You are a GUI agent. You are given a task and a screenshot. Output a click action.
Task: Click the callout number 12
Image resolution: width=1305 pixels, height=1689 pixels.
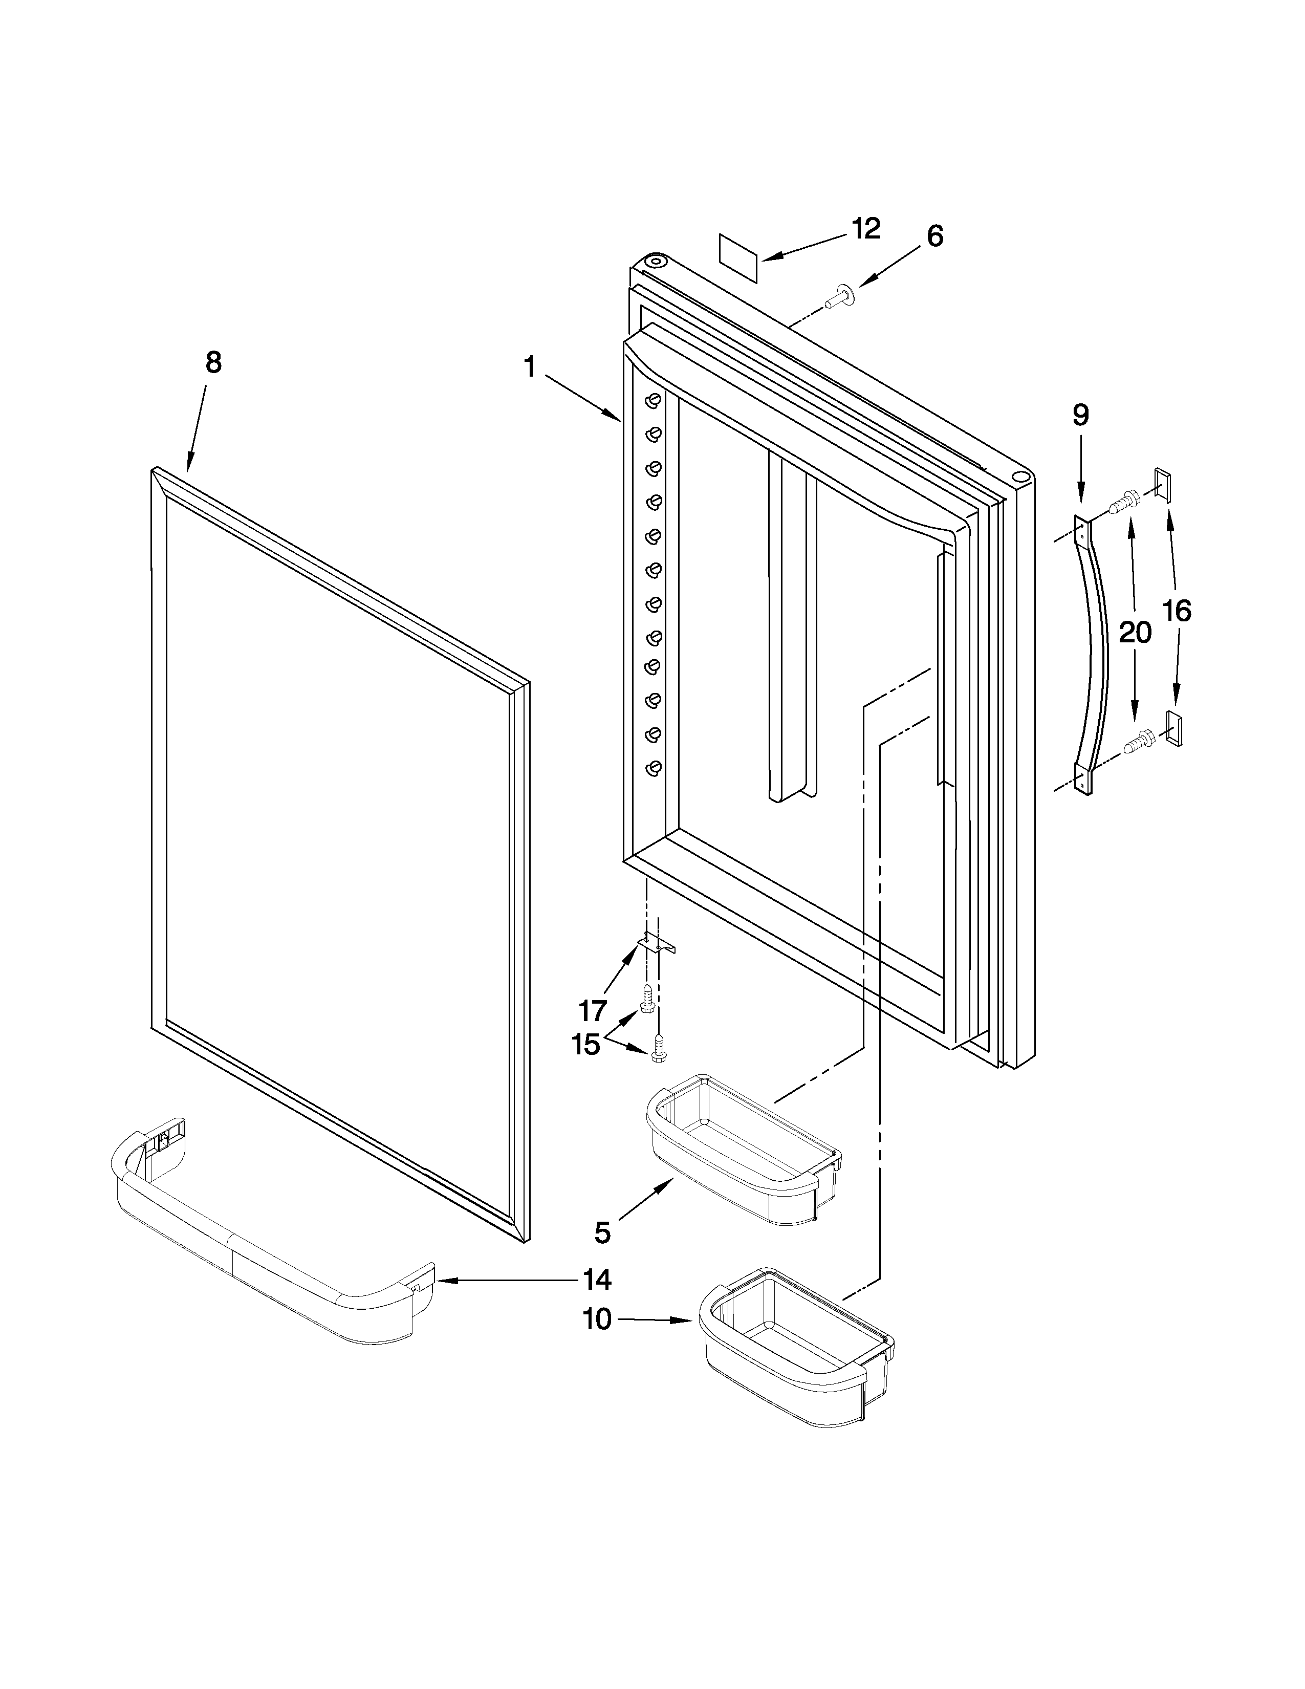click(x=866, y=228)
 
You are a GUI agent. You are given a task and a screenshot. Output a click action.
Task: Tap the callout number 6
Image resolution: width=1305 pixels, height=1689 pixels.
click(x=934, y=236)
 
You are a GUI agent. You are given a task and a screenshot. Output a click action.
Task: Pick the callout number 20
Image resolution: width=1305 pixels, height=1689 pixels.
click(x=1135, y=633)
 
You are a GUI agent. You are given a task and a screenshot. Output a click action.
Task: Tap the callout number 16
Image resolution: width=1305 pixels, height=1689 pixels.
click(x=1177, y=611)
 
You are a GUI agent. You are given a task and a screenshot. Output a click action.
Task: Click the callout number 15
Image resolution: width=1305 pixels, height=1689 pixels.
click(x=585, y=1044)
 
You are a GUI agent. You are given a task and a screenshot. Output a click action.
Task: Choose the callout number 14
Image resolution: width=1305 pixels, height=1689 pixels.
click(x=597, y=1280)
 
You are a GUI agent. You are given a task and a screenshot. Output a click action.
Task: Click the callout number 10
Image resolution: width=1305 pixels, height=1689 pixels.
click(x=596, y=1319)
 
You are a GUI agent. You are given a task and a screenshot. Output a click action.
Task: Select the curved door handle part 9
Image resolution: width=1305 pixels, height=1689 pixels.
click(x=1093, y=657)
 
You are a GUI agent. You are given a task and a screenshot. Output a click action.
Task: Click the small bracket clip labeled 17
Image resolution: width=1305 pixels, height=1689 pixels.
click(x=657, y=945)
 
